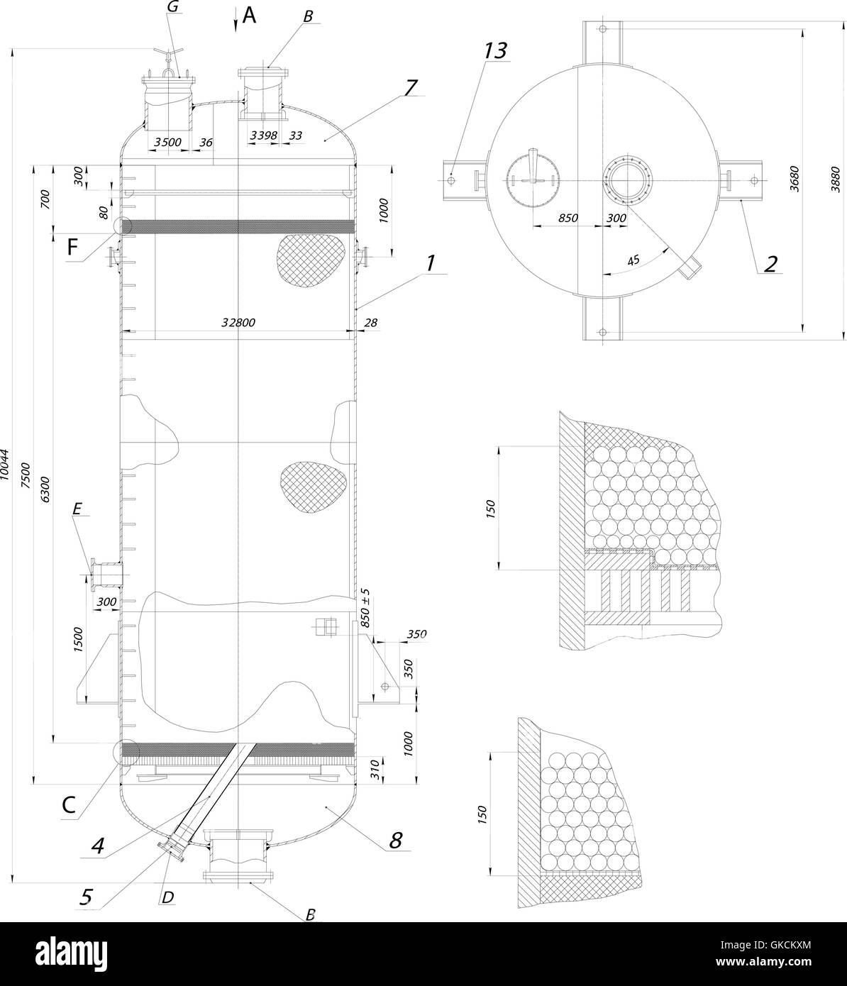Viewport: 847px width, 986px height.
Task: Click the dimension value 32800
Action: (x=238, y=322)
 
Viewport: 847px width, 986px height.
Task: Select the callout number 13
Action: (x=496, y=51)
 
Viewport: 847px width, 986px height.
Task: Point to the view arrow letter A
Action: (x=248, y=15)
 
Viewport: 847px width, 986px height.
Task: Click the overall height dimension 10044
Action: (x=6, y=465)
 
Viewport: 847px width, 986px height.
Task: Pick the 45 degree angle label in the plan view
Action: (x=633, y=260)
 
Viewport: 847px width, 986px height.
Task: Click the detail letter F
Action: (x=72, y=248)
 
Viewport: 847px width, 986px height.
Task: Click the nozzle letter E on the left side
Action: (x=77, y=508)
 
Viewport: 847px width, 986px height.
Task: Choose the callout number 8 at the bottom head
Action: (x=395, y=840)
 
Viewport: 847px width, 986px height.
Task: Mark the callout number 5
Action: (x=86, y=897)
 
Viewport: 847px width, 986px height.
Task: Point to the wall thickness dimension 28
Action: (x=370, y=323)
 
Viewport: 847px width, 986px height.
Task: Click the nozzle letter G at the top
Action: (x=172, y=8)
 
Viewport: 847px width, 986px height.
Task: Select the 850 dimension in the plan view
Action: (x=568, y=218)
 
